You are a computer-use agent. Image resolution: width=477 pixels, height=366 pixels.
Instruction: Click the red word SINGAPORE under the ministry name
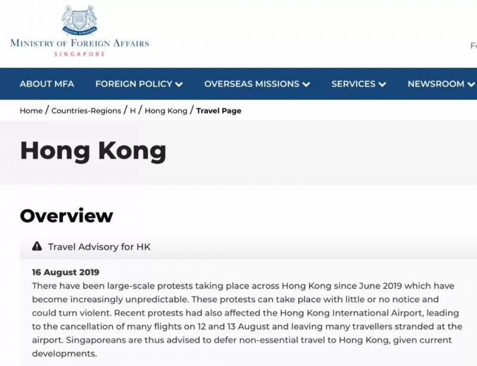coord(79,54)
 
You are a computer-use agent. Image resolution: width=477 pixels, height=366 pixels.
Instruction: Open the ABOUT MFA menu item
coord(47,84)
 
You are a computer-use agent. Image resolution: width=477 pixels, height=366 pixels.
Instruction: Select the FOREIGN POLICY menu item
coord(134,84)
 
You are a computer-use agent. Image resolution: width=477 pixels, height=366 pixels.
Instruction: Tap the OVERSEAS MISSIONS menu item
coord(252,84)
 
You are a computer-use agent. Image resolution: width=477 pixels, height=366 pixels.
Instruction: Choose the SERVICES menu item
coord(354,84)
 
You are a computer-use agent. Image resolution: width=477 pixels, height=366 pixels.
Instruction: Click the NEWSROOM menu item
coord(436,84)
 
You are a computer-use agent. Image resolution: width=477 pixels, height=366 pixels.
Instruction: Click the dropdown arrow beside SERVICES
coord(382,85)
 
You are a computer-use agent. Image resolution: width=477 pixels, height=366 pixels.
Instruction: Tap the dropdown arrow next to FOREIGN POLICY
coord(179,85)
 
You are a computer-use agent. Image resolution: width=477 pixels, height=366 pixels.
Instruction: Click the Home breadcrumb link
coord(31,111)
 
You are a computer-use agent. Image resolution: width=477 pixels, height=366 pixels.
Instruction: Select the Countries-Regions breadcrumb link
coord(86,111)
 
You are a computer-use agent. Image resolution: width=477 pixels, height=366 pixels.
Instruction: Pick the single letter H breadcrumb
coord(133,111)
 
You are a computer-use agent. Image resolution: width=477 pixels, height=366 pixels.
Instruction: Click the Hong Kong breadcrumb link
coord(166,111)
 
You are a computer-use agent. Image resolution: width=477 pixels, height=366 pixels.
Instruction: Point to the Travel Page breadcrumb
coord(219,111)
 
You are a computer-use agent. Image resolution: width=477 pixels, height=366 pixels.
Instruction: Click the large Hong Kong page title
coord(93,151)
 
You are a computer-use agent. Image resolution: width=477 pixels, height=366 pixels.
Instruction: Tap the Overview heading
coord(66,216)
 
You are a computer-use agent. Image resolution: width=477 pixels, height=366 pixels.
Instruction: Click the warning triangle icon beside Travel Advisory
coord(37,246)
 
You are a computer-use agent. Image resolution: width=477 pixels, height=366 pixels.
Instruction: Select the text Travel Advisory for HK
coord(99,247)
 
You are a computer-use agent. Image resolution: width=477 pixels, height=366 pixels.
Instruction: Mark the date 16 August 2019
coord(66,273)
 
